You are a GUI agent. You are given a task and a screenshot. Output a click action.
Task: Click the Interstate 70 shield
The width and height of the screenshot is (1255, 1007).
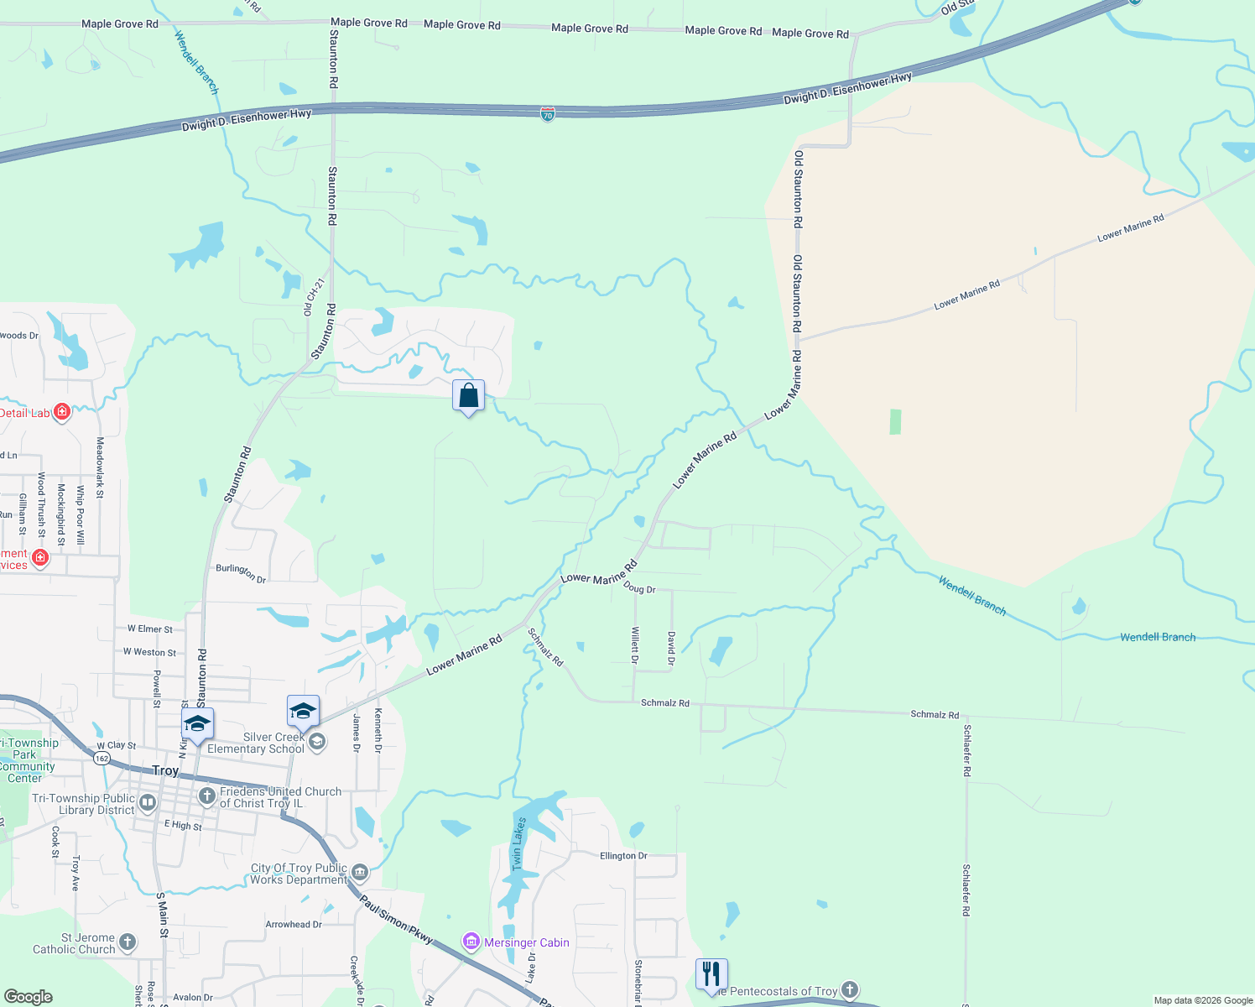coord(548,114)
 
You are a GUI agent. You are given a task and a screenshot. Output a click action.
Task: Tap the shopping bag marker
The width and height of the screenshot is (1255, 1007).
coord(468,395)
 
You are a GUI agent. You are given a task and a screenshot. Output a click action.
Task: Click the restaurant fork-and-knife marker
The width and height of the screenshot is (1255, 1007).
coord(711,974)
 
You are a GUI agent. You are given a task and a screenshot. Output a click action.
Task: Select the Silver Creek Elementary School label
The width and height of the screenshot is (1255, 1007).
coord(256,743)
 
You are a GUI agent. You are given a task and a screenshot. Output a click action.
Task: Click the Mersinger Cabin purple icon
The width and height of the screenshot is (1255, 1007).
coord(471,942)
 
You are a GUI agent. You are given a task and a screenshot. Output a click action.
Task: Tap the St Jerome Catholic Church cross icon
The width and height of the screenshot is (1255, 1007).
coord(128,942)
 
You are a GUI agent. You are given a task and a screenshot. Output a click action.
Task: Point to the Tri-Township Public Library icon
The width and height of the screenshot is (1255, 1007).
coord(148,803)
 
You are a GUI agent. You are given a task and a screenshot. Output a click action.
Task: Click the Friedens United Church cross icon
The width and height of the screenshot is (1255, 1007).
coord(206,796)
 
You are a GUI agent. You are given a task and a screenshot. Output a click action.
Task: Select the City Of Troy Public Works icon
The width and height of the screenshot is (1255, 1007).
coord(360,873)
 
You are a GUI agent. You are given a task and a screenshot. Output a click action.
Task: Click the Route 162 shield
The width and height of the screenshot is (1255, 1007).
coord(102,758)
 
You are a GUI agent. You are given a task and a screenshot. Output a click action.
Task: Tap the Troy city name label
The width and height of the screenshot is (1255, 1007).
coord(165,770)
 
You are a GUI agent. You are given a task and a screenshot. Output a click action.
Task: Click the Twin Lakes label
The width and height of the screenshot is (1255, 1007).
coord(518,843)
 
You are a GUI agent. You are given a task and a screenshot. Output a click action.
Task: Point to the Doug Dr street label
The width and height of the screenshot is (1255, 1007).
coord(639,588)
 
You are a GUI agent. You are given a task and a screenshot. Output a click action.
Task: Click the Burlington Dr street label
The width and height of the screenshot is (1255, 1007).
coord(241,573)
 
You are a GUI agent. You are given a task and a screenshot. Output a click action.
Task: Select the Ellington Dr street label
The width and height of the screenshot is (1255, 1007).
coord(623,856)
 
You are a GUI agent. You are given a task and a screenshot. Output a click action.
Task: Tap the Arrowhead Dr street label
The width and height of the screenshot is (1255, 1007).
coord(294,924)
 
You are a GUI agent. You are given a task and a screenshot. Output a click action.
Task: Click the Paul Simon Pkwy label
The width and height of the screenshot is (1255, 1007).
coord(396,919)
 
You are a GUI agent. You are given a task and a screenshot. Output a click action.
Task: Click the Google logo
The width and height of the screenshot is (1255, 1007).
coord(28,996)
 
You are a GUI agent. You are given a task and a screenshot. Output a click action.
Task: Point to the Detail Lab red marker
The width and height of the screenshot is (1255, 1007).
coord(61,412)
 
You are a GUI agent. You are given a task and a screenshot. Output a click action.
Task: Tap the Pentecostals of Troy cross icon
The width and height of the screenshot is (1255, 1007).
coord(850,990)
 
